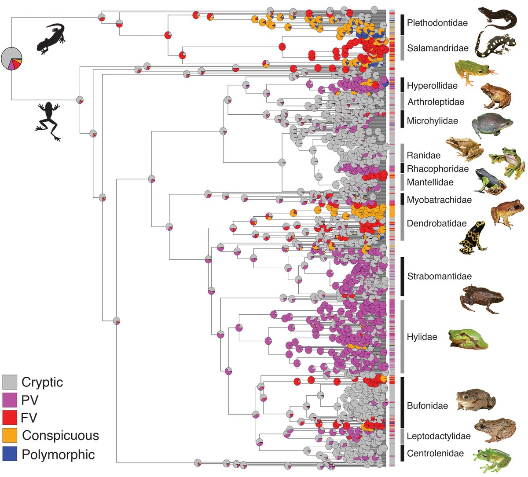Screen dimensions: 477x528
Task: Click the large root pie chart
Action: [11, 58]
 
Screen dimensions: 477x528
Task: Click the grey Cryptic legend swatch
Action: [10, 382]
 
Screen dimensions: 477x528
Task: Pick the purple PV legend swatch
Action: [10, 400]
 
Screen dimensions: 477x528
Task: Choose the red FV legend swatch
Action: [10, 417]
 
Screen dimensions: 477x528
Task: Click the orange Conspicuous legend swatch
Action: [10, 435]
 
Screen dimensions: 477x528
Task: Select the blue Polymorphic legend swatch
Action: [10, 453]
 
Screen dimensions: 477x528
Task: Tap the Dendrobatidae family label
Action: [436, 223]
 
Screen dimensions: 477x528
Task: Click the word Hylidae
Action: [422, 337]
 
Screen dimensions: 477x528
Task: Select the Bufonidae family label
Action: [427, 406]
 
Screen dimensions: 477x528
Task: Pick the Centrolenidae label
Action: [435, 453]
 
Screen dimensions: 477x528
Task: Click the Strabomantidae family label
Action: [439, 277]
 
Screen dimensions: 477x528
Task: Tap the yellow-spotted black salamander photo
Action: [499, 46]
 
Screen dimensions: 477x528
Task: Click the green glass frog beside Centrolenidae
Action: [492, 458]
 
